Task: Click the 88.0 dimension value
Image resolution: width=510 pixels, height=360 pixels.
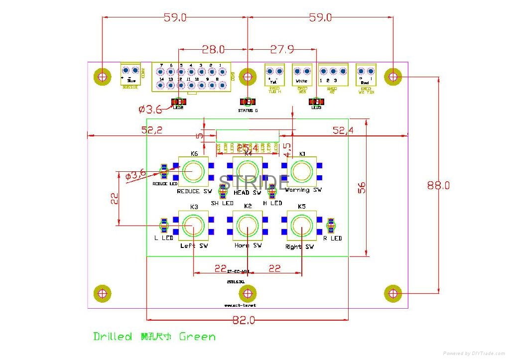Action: click(x=438, y=185)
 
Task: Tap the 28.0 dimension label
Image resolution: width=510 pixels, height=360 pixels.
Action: click(x=213, y=49)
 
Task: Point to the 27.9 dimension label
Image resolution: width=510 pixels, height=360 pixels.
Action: click(x=282, y=49)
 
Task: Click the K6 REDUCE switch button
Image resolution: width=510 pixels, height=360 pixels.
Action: click(x=193, y=171)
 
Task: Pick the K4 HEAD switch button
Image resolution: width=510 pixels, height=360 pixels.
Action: click(x=247, y=171)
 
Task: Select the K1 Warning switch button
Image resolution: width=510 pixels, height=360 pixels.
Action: click(x=302, y=171)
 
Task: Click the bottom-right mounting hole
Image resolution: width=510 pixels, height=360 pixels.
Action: click(x=393, y=293)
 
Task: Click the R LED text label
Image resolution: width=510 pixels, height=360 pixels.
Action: click(x=333, y=239)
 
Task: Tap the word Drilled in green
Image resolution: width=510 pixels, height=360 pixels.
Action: click(x=113, y=337)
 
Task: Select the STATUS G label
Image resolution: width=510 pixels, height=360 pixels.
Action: click(x=248, y=111)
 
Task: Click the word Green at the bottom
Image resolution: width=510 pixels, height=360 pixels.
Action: click(x=197, y=337)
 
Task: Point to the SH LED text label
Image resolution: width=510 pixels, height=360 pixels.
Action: click(x=222, y=203)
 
